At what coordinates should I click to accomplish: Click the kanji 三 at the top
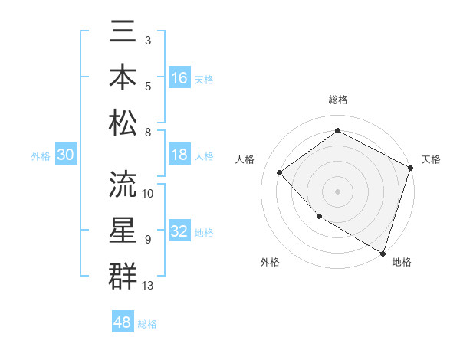click(x=123, y=34)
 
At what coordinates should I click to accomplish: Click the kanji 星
click(x=123, y=231)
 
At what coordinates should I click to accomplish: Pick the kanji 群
click(x=123, y=274)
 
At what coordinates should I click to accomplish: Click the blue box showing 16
click(x=179, y=77)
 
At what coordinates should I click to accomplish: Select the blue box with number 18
click(x=179, y=154)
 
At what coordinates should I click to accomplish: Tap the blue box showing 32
click(x=179, y=231)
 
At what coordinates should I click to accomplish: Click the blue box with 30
click(x=65, y=155)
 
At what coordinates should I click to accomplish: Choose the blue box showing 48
click(x=123, y=322)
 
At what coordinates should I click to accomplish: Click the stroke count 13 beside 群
click(x=148, y=286)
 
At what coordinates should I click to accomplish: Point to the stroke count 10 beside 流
click(x=148, y=193)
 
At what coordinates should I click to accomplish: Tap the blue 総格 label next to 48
click(x=147, y=324)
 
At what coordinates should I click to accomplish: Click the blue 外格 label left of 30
click(x=41, y=156)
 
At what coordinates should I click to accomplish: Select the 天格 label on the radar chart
click(x=431, y=159)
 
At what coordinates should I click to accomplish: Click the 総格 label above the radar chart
click(x=337, y=100)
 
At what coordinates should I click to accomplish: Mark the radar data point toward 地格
click(x=383, y=252)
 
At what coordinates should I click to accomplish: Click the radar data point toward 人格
click(x=280, y=172)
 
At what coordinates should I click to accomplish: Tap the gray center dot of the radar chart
click(x=337, y=191)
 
